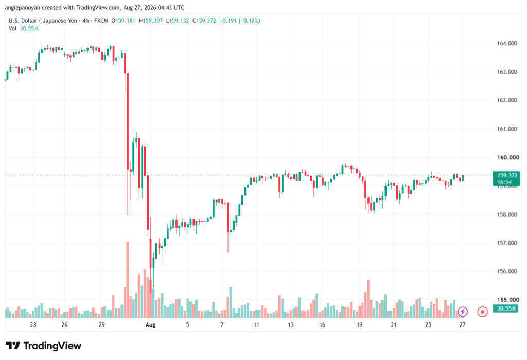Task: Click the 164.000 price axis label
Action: point(507,43)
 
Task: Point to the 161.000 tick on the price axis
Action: point(507,129)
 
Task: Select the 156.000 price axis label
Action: point(507,271)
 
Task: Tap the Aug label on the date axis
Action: point(151,325)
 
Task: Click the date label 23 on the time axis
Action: point(33,325)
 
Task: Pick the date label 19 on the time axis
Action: point(360,325)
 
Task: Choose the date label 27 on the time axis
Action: point(463,325)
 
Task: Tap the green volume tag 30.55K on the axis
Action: point(506,308)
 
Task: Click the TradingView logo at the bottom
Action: point(44,346)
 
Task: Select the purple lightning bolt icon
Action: point(463,312)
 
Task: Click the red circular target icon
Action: point(482,312)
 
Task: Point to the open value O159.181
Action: point(124,21)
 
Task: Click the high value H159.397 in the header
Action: point(151,21)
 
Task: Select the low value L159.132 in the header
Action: point(178,21)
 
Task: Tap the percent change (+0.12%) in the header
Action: point(250,21)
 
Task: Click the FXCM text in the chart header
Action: point(101,21)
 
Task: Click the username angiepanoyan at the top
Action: point(22,7)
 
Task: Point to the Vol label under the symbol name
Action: point(12,29)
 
